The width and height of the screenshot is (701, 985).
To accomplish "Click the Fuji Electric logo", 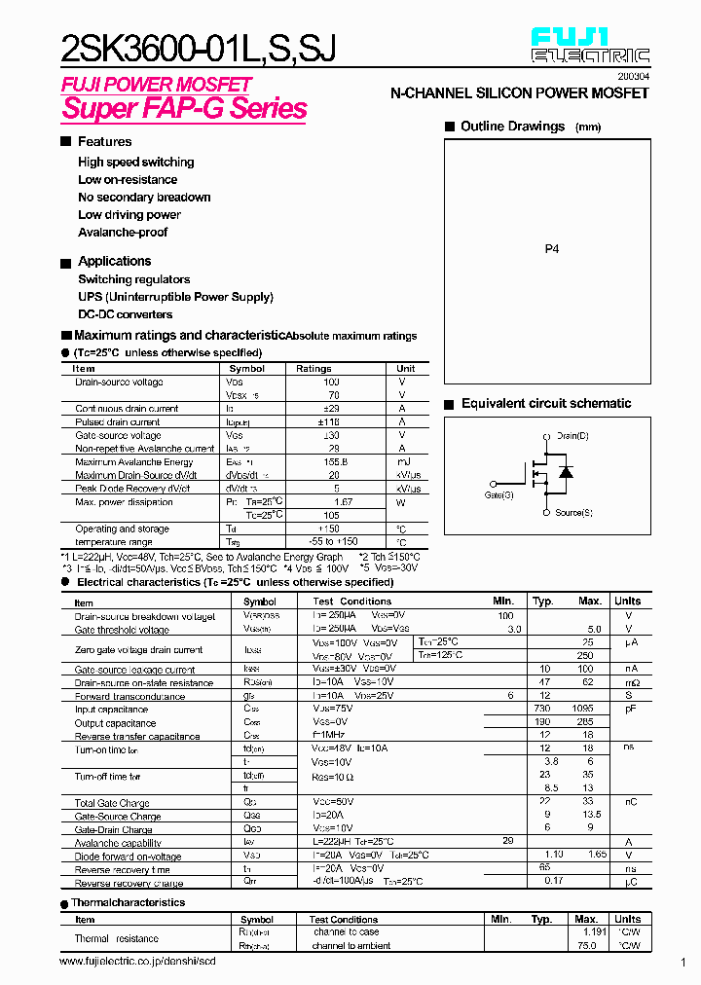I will [x=590, y=46].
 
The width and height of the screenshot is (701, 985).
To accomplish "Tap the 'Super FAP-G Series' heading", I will [x=184, y=108].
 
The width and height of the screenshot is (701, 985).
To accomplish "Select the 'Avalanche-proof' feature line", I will [x=123, y=233].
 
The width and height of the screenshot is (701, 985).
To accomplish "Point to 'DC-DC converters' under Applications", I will [x=125, y=314].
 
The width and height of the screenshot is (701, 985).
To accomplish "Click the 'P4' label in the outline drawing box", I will [x=551, y=249].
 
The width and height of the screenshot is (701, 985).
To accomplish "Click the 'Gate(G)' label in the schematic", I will [x=499, y=494].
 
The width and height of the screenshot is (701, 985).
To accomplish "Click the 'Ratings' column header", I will [x=314, y=369].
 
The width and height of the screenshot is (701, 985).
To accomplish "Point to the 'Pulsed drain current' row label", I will [x=118, y=422].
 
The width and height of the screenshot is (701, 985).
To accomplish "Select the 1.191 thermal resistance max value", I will [x=590, y=931].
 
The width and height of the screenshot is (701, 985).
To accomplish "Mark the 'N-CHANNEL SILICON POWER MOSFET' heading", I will [x=519, y=93].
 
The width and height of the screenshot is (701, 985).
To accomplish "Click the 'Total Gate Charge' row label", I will [x=112, y=803].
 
